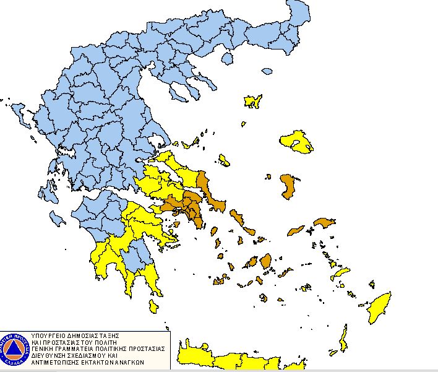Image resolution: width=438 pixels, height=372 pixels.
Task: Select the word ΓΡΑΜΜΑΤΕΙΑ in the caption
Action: [x=79, y=348]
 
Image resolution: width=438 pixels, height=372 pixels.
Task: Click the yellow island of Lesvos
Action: [x=296, y=141]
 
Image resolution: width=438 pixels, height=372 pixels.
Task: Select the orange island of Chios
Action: [x=287, y=186]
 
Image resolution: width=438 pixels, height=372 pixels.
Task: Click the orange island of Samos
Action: [x=324, y=222]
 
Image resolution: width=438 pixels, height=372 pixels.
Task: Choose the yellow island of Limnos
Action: [x=253, y=102]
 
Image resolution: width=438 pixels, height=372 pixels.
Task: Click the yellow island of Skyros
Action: [x=224, y=160]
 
